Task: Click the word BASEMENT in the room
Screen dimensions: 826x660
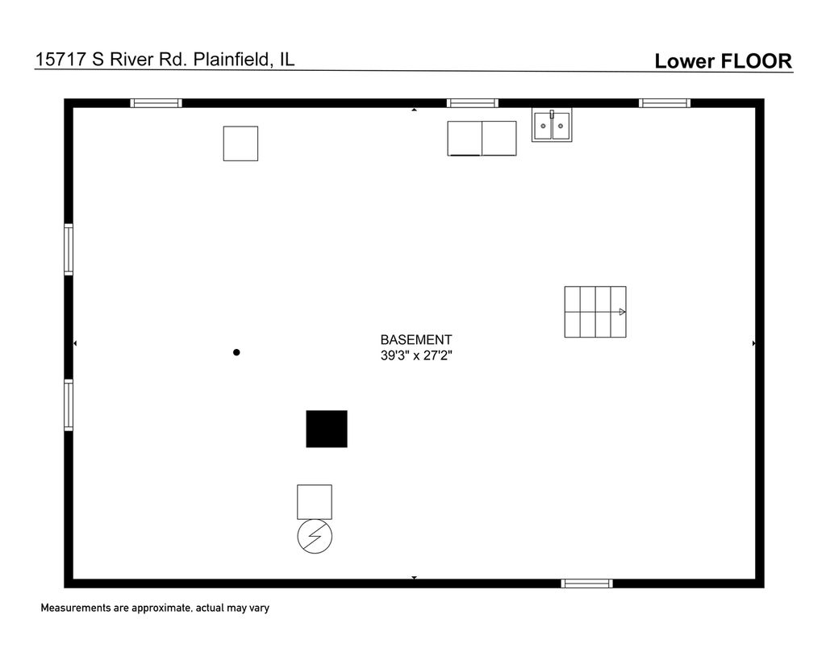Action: pos(416,340)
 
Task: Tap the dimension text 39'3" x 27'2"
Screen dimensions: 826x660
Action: pos(416,356)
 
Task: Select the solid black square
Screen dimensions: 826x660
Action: pos(327,429)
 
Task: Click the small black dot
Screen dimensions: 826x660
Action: pos(236,353)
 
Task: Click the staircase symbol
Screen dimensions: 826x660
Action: pos(595,312)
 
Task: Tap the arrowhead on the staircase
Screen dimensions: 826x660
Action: pos(622,312)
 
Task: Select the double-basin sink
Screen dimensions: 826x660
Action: pos(552,126)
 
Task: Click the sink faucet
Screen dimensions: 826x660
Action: pos(552,114)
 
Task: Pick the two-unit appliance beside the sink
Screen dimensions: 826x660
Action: pos(482,139)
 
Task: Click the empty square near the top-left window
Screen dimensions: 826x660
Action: pos(240,143)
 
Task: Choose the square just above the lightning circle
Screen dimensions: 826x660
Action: pos(315,502)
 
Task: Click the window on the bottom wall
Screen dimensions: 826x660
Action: pos(587,583)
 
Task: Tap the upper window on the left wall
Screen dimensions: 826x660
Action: pos(69,250)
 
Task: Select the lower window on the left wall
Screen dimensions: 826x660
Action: pos(69,405)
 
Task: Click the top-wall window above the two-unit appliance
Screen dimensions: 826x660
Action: pos(473,103)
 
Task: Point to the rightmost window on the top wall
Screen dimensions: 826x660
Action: pos(665,103)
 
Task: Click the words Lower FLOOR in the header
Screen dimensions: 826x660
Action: pos(723,61)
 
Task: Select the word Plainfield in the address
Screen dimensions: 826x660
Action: pos(232,59)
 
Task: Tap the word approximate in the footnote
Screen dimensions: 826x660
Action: pos(161,608)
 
